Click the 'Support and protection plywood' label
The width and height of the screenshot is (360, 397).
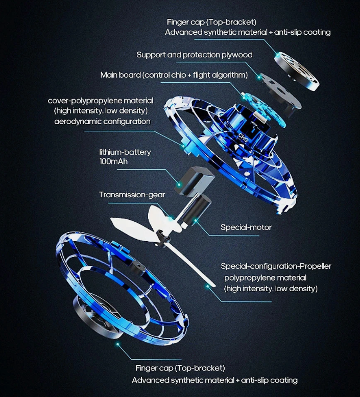(194, 55)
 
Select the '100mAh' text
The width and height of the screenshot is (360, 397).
(113, 161)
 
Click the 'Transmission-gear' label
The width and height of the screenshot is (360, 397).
(132, 195)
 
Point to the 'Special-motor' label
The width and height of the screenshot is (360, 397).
(246, 227)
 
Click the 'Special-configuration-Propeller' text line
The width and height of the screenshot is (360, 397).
(276, 266)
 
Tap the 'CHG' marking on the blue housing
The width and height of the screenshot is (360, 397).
(243, 137)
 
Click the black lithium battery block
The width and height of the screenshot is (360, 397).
(194, 181)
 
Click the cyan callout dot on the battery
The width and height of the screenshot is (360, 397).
(179, 184)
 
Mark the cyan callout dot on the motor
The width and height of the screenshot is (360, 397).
(196, 220)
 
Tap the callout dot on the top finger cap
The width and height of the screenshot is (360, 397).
(278, 54)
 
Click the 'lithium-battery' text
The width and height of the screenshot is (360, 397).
(125, 152)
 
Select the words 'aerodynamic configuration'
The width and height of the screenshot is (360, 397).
(102, 122)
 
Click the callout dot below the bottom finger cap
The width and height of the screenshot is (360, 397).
(117, 344)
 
